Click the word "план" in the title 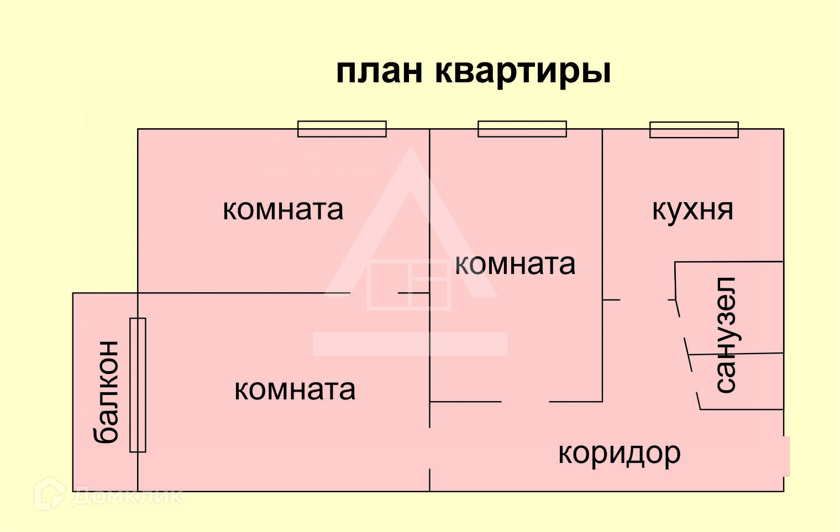click(379, 72)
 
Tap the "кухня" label click(692, 210)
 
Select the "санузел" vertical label click(726, 335)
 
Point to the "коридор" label click(619, 454)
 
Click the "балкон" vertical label click(106, 392)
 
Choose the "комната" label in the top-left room click(283, 210)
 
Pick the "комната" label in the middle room click(515, 264)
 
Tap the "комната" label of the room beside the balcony click(295, 390)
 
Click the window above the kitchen click(694, 130)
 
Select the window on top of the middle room click(522, 129)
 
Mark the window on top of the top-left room click(342, 129)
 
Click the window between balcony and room click(138, 385)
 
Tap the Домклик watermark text click(127, 496)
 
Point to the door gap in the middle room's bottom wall click(525, 402)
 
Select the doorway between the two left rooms click(374, 293)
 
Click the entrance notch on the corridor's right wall click(786, 456)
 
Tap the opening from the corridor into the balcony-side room click(430, 448)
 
